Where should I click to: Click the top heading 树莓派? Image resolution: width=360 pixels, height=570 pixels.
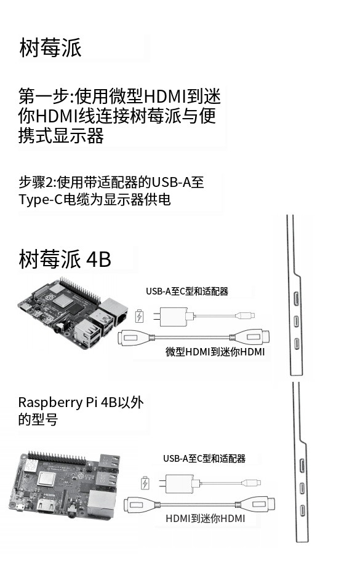coord(50,47)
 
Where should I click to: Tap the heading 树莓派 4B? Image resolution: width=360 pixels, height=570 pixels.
coord(65,259)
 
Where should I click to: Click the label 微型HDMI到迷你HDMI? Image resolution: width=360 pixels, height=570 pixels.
coord(215,352)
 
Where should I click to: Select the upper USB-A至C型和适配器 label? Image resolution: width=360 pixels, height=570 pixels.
coord(187,291)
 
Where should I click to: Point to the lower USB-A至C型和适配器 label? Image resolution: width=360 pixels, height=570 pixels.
coord(204,459)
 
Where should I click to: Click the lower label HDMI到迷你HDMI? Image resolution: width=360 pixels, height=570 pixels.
coord(205,518)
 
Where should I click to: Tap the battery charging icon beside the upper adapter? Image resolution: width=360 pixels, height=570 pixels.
coord(139,316)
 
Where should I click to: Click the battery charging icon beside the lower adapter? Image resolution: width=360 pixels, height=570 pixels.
coord(145,483)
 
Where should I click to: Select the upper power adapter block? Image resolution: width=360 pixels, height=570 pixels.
coord(172,315)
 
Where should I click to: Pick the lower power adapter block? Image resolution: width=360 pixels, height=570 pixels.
coord(178,483)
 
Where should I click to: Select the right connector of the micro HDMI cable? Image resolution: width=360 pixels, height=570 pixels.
coord(252,336)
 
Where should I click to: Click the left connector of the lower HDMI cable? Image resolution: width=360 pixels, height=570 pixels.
coord(139,505)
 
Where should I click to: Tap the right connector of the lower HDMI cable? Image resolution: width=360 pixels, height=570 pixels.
coord(257,504)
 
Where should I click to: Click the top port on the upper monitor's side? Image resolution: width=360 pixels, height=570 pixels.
coord(297,298)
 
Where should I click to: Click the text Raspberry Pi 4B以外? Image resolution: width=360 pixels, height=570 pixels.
coord(81,402)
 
